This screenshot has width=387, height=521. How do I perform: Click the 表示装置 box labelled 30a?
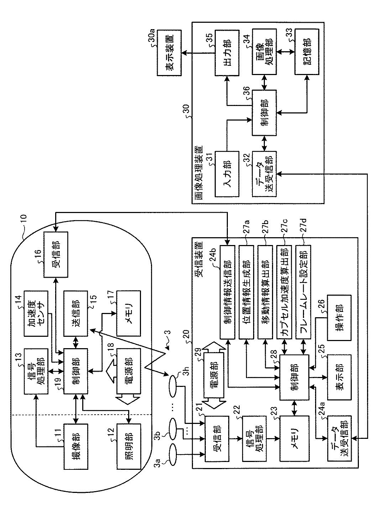[x=169, y=53]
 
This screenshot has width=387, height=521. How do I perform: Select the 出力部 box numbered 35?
[x=227, y=53]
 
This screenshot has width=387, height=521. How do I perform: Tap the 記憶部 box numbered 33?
[x=307, y=52]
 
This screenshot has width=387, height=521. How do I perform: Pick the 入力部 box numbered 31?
[x=227, y=174]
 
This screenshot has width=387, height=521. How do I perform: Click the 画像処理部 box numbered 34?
[x=264, y=52]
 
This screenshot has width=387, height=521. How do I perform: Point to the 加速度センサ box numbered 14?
[x=36, y=314]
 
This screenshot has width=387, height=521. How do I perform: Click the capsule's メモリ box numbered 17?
[x=129, y=314]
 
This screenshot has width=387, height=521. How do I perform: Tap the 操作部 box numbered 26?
[x=340, y=318]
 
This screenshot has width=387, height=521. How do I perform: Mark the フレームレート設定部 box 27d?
[x=303, y=292]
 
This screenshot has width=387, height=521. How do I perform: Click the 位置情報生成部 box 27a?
[x=246, y=292]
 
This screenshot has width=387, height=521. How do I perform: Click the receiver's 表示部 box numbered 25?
[x=340, y=377]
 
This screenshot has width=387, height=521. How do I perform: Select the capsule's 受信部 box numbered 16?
[x=56, y=254]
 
